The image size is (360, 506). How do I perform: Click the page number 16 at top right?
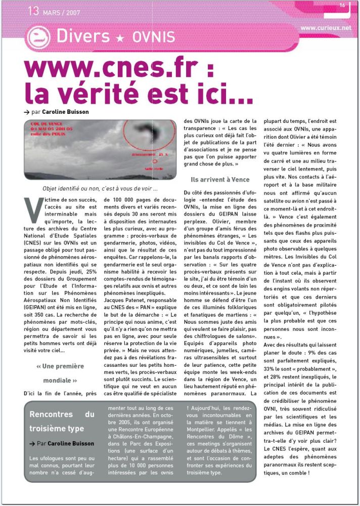coord(342,5)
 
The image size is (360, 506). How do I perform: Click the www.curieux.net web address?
coord(326,28)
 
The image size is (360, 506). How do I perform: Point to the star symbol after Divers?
coord(121,37)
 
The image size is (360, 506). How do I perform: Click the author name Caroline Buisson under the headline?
coord(66,112)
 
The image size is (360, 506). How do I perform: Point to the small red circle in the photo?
coord(155,163)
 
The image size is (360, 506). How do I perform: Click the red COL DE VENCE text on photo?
coord(46,123)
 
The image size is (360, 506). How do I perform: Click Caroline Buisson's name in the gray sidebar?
coord(71,443)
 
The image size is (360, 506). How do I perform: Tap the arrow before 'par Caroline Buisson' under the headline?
coord(26,112)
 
